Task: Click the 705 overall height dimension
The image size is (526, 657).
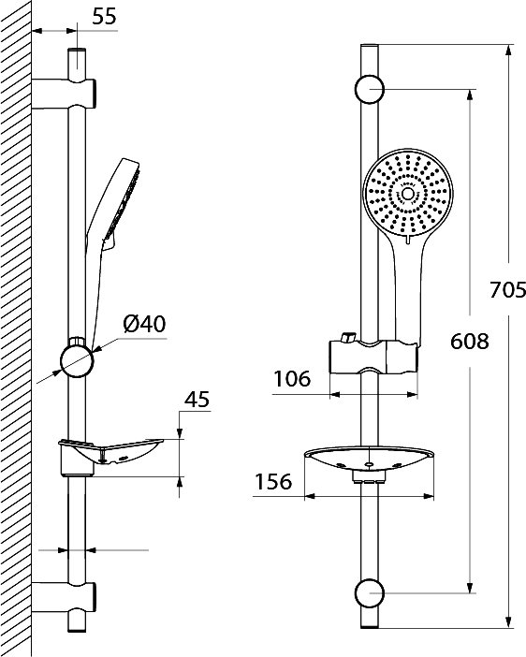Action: pos(507,289)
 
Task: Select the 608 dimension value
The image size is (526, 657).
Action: pos(470,341)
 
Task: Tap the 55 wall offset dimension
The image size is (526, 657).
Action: pos(104,17)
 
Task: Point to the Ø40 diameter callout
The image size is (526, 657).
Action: pos(144,324)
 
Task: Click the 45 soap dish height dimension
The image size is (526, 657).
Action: pos(197,400)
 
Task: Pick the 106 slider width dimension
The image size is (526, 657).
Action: pos(292,379)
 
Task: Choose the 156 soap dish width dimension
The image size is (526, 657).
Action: pos(273,482)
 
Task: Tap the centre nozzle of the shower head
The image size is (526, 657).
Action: pos(407,194)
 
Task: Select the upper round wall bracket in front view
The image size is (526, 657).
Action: pos(370,89)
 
